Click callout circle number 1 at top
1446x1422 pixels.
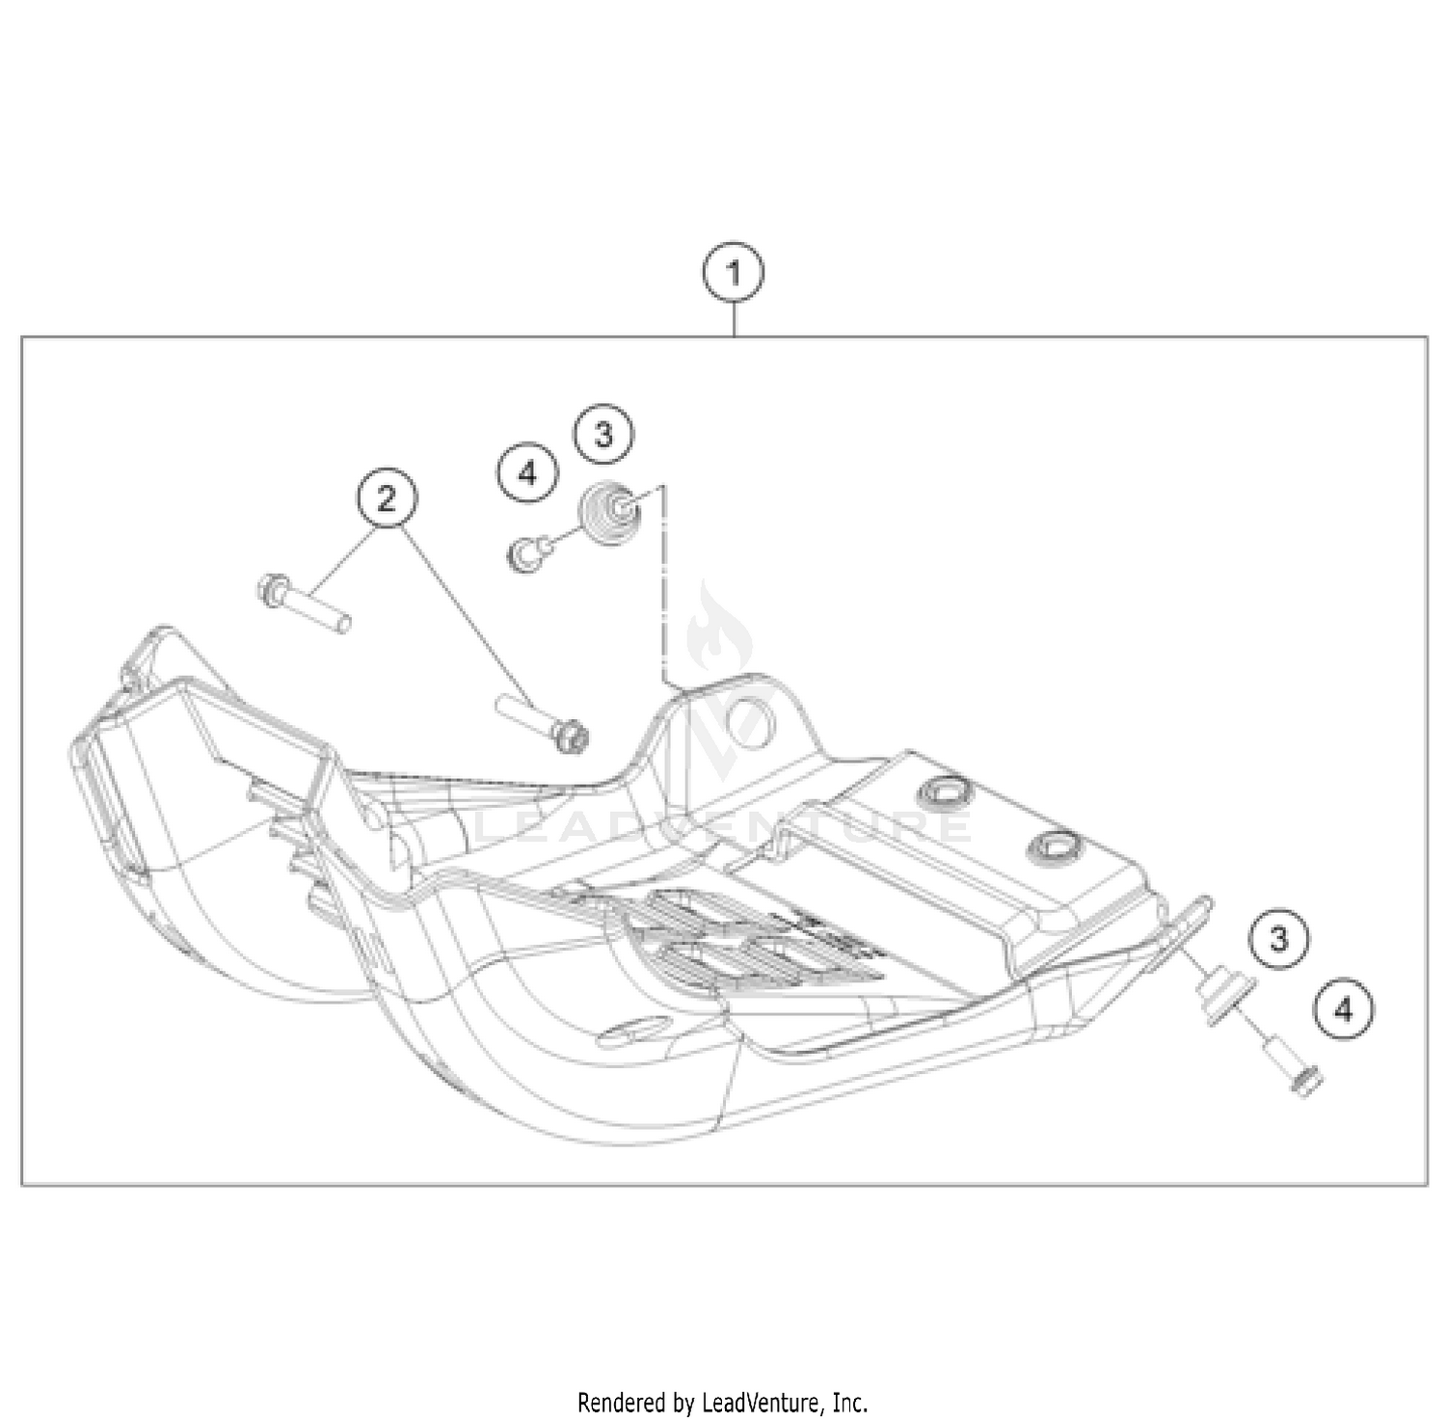point(734,274)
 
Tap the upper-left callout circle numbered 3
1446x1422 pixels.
point(603,435)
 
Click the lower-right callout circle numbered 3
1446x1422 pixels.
point(1278,938)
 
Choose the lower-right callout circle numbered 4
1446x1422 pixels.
point(1344,1010)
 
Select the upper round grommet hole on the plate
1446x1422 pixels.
point(945,792)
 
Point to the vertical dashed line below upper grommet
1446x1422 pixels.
point(665,588)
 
